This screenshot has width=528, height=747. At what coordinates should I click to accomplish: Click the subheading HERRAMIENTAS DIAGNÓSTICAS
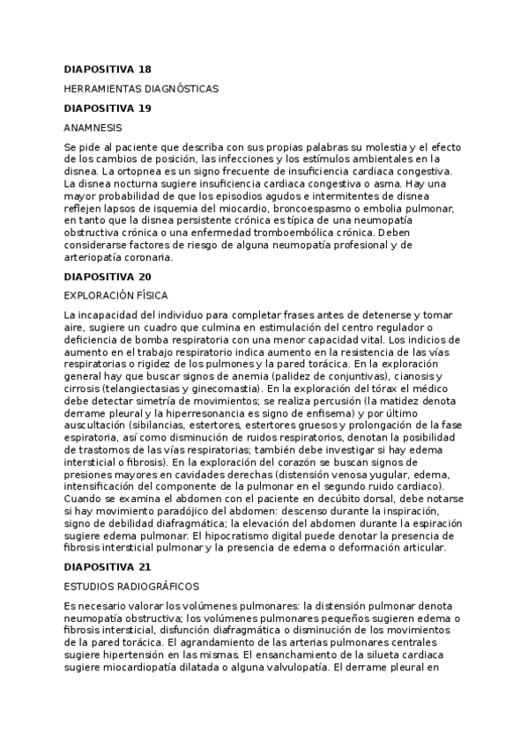(x=141, y=89)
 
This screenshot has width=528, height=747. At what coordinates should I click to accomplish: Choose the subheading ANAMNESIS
(x=93, y=129)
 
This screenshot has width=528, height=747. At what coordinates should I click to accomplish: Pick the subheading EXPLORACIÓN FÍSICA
(x=116, y=296)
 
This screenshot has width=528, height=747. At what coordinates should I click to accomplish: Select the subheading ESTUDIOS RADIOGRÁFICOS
(x=132, y=586)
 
